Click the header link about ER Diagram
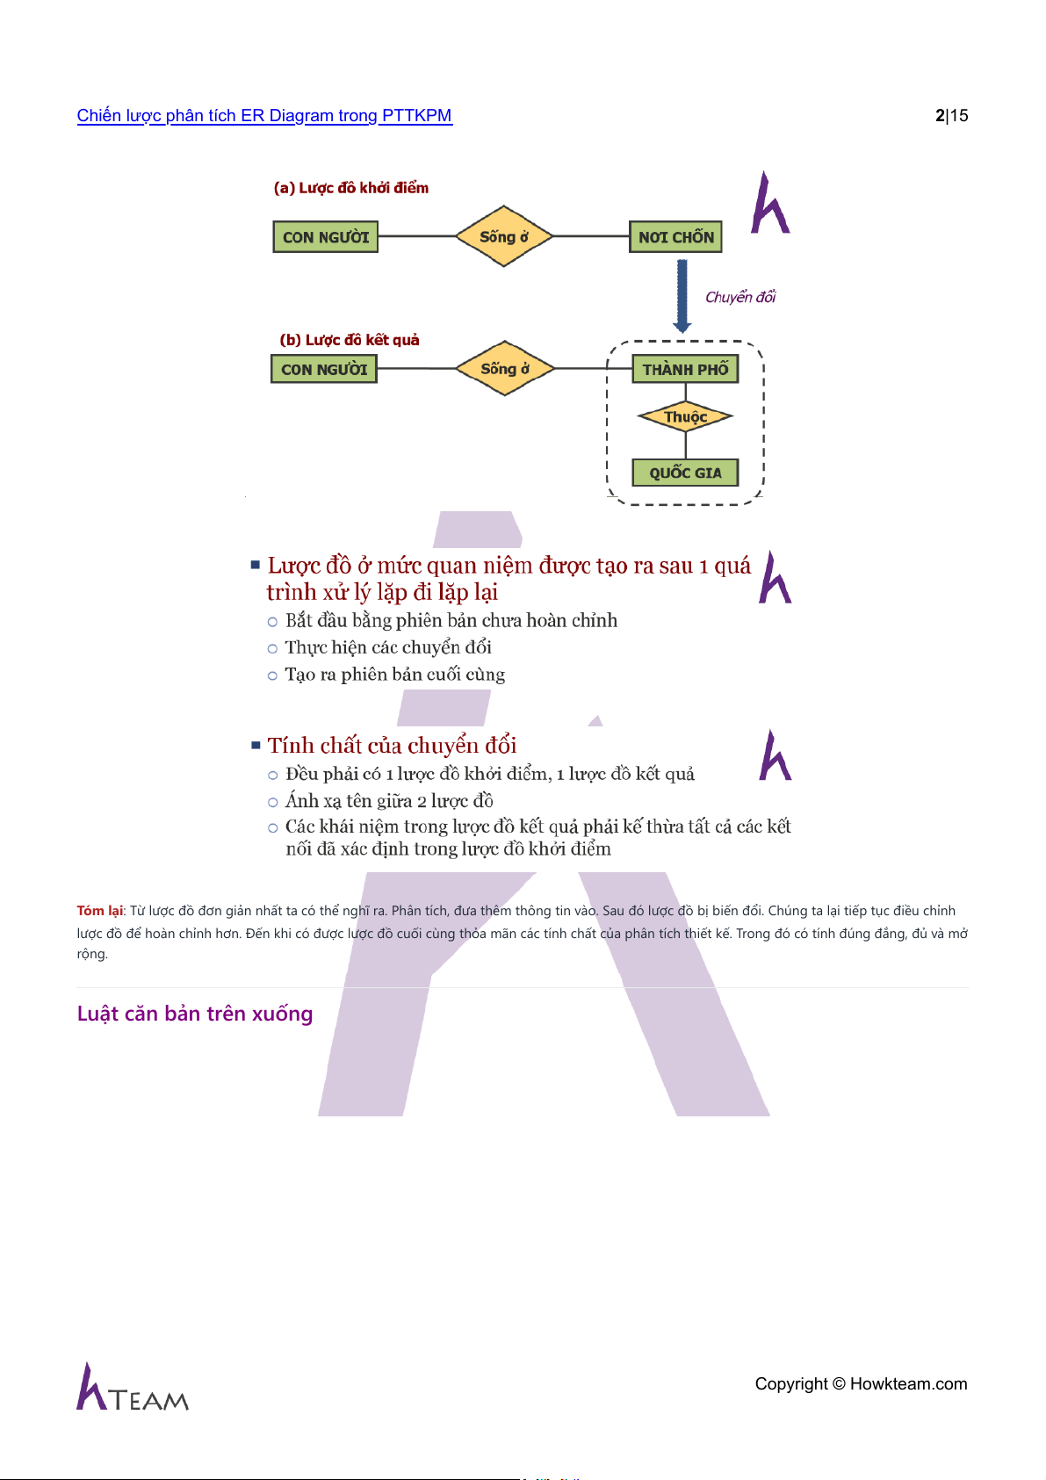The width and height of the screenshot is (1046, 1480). (x=264, y=116)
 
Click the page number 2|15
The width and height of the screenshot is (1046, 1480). (x=951, y=116)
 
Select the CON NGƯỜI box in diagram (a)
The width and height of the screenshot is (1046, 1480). (x=326, y=237)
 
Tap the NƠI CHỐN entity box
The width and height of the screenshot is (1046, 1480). (x=675, y=237)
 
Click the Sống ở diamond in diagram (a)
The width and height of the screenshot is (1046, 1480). (x=504, y=236)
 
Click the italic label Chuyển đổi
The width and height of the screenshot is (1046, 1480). (x=740, y=297)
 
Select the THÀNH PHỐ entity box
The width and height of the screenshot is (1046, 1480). (x=685, y=370)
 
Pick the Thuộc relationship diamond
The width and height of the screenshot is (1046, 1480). (x=685, y=417)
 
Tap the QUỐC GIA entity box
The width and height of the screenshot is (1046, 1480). (x=685, y=473)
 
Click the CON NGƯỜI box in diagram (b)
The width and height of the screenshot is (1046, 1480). (x=324, y=370)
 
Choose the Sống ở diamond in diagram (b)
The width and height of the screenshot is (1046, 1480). (x=505, y=369)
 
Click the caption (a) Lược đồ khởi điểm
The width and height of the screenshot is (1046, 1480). (x=351, y=188)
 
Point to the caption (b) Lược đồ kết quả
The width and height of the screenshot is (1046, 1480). (x=350, y=340)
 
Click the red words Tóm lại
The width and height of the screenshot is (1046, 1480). (x=100, y=911)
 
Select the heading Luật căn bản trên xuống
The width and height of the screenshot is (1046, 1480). (x=195, y=1014)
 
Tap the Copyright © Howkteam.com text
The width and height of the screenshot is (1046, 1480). (x=861, y=1384)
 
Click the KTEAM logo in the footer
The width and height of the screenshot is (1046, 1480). (x=133, y=1389)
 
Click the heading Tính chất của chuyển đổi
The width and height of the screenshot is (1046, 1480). (x=392, y=746)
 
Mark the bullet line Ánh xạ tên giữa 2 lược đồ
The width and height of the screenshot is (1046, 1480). (x=389, y=801)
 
